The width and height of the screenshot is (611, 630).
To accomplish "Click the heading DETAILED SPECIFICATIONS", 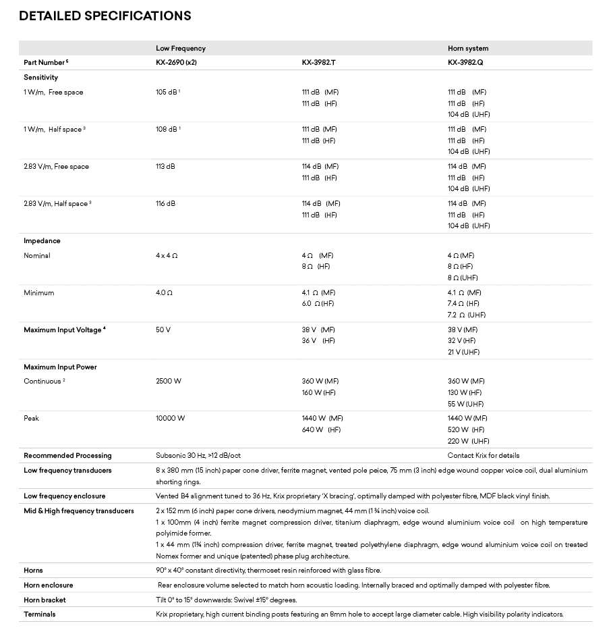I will (105, 16).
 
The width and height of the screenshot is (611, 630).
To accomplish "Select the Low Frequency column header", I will (181, 49).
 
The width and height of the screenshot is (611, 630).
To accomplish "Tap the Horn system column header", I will (468, 49).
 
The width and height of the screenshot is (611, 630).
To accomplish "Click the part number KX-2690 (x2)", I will (176, 62).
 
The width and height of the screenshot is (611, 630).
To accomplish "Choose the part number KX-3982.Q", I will (466, 62).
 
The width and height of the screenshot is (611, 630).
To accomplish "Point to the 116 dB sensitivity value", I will (165, 204).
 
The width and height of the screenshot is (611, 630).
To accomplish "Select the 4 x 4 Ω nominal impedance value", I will (167, 256).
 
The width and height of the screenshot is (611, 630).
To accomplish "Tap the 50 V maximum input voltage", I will (163, 330).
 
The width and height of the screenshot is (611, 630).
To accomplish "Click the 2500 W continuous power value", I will (169, 382).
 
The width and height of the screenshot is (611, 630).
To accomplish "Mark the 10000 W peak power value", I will (170, 419).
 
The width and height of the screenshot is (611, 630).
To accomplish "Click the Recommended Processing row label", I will (67, 456).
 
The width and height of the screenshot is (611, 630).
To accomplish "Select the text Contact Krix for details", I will (484, 456).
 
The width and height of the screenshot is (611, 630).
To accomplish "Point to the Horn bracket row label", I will (45, 600).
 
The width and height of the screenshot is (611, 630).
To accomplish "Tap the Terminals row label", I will (40, 614).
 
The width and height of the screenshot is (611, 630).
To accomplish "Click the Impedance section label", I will (42, 241).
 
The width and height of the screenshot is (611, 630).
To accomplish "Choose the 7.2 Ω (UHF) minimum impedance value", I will (467, 315).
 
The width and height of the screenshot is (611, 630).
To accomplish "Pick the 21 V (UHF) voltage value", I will (464, 352).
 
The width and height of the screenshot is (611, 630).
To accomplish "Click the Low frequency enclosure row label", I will (64, 496).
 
